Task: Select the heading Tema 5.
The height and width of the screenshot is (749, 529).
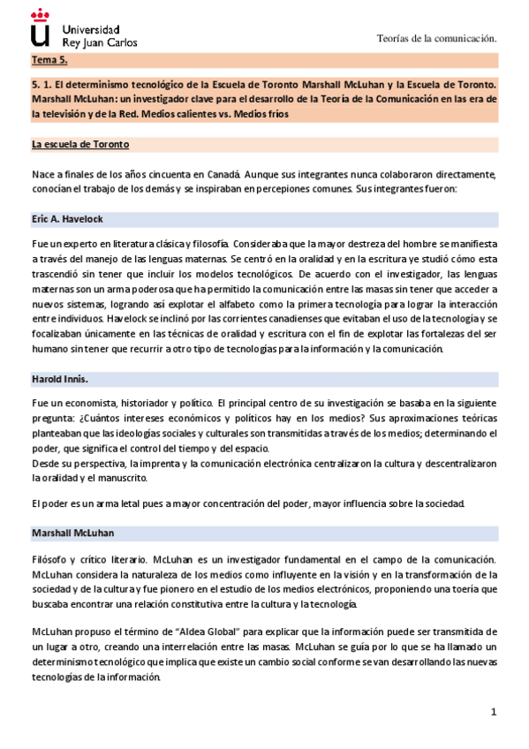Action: coord(49,61)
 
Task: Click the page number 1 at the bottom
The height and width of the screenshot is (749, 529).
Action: coord(494,712)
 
